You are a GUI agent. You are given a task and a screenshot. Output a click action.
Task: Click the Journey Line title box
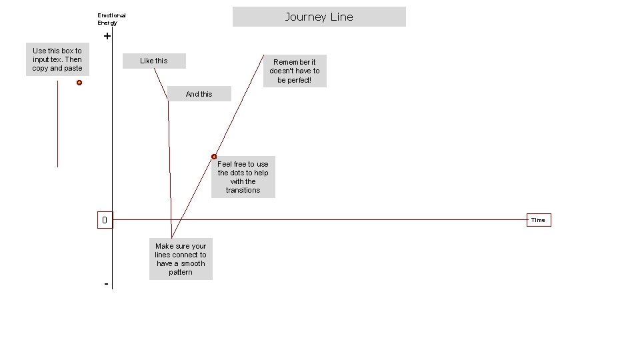click(x=319, y=17)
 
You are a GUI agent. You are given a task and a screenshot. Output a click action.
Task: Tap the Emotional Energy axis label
click(x=111, y=19)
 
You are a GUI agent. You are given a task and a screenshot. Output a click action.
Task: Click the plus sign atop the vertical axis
click(x=107, y=37)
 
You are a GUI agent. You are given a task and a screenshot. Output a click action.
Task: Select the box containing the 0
click(x=105, y=220)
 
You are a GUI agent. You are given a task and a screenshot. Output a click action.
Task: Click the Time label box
click(x=538, y=220)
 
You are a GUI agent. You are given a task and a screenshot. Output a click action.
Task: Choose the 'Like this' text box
click(x=154, y=61)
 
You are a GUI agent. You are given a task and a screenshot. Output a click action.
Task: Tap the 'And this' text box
click(x=199, y=94)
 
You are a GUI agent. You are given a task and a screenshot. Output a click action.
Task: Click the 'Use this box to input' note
click(x=57, y=59)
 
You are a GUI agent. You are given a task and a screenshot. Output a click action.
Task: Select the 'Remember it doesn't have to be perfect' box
click(x=295, y=71)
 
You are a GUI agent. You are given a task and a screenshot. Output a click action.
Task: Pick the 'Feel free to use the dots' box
click(x=243, y=177)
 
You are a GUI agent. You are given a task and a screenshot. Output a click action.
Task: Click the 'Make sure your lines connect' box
click(x=181, y=259)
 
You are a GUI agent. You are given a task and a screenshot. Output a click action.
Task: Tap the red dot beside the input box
click(x=79, y=83)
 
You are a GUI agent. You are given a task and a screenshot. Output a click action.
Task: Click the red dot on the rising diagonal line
click(x=214, y=157)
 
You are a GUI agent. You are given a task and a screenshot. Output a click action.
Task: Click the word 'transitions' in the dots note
click(x=243, y=190)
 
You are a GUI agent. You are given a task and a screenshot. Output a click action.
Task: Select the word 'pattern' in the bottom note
click(x=181, y=272)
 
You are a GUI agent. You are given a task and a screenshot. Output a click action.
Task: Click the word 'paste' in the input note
click(x=73, y=68)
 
